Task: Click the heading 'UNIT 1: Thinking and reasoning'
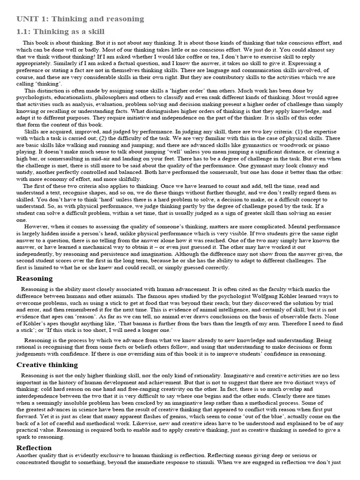pos(80,19)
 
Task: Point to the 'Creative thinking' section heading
pos(47,365)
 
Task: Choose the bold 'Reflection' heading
pos(34,448)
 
